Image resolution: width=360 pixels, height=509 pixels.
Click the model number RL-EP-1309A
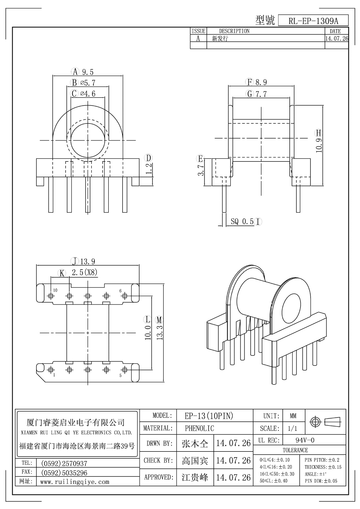coord(313,21)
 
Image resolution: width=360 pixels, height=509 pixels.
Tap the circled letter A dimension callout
coord(75,72)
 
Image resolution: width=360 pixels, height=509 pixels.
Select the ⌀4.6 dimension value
coord(88,94)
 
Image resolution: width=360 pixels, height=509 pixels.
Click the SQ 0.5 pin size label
coord(242,221)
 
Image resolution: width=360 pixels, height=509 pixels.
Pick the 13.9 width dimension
coord(88,262)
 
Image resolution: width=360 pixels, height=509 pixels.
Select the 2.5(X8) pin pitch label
coord(85,272)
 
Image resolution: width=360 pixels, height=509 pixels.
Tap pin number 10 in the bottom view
coord(55,290)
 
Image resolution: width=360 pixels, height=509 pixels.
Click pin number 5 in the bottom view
coord(120,375)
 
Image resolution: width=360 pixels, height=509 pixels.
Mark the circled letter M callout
coord(159,320)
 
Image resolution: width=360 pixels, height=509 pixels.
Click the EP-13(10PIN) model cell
coord(209,416)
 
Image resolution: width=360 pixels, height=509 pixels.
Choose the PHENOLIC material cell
coord(199,428)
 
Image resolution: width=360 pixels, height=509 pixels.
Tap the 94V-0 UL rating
coord(305,440)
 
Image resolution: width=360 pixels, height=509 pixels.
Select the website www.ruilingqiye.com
coord(75,482)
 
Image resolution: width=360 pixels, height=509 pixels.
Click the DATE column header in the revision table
coord(335,31)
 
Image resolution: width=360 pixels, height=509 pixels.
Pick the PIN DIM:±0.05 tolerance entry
coord(321,481)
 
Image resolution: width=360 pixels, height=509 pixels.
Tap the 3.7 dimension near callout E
coord(201,170)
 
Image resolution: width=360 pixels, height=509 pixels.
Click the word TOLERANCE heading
coord(295,450)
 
